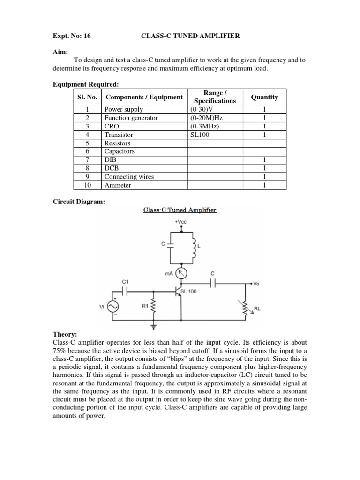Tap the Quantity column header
pos(264,97)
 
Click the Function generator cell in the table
pos(131,118)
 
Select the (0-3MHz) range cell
pos(205,127)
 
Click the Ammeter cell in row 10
pos(118,185)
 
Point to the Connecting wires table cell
pos(129,177)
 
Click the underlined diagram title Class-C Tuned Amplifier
pos(180,210)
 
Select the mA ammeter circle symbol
pos(180,272)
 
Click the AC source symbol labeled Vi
pos(113,306)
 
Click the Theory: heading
pos(66,335)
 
